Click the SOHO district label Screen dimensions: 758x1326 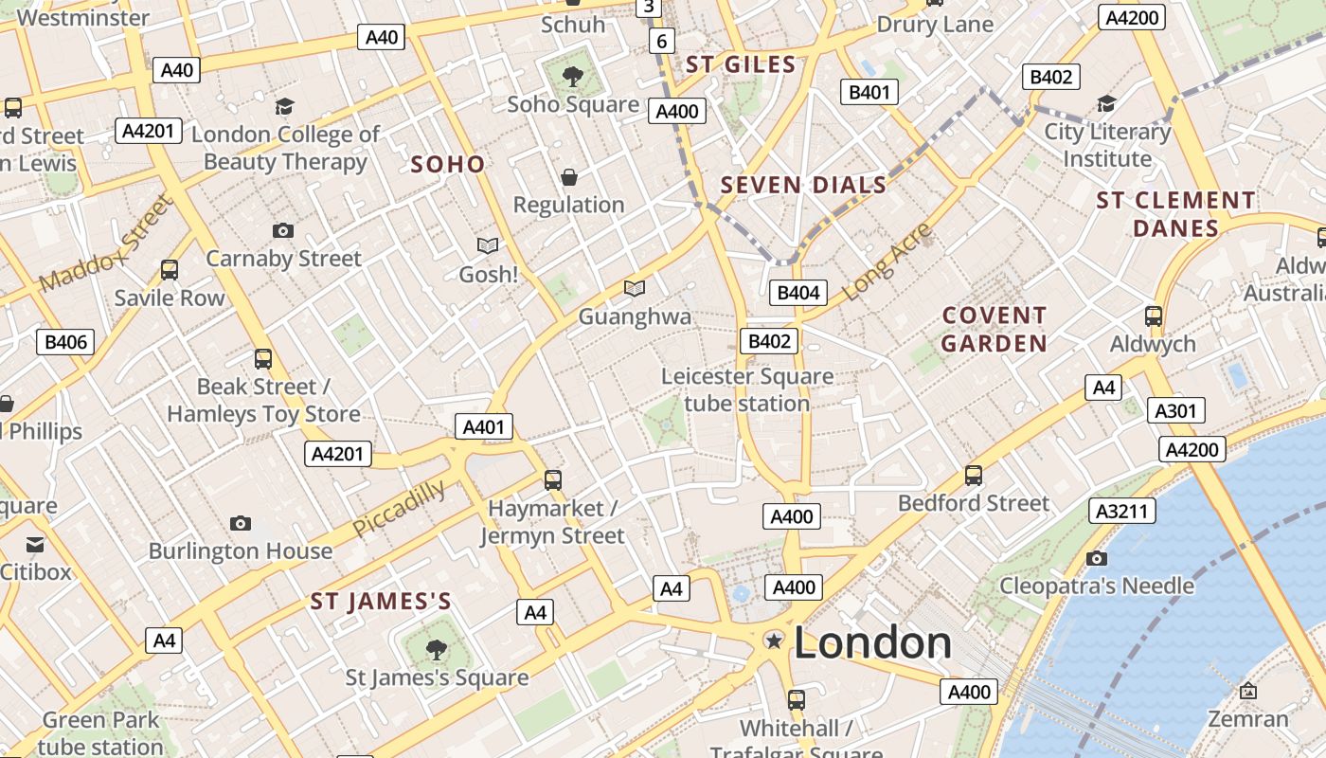pos(447,165)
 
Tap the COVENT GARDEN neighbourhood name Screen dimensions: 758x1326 pos(994,330)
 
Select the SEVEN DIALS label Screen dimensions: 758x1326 pos(803,185)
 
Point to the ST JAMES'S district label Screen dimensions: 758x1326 pos(381,602)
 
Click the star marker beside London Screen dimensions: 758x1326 pos(774,641)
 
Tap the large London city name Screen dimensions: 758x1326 pos(872,643)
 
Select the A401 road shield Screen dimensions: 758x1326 pos(483,427)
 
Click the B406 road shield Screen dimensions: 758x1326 pos(65,342)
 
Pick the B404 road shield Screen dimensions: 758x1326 pos(797,293)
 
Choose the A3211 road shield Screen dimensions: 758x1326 pos(1122,512)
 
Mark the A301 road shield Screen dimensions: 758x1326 pos(1176,411)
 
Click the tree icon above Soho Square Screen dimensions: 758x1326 pos(572,76)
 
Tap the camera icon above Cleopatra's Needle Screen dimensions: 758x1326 pos(1097,558)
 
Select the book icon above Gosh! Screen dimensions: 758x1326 pos(488,246)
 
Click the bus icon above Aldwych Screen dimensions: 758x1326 pos(1153,316)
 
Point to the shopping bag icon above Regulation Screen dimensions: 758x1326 pos(569,177)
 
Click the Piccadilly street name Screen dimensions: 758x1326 pos(399,509)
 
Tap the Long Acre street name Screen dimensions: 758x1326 pos(887,263)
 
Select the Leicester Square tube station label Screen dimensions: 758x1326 pos(747,389)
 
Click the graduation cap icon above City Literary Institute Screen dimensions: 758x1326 pos(1106,103)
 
